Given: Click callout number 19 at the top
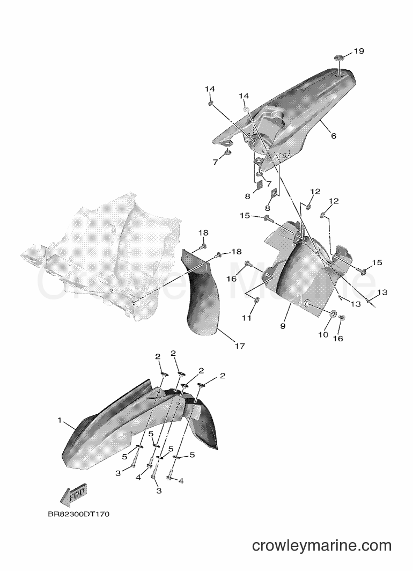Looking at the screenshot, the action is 359,51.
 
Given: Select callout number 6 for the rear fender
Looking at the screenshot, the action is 334,136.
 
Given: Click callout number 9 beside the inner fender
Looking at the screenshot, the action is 283,326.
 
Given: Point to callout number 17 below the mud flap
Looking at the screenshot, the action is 240,346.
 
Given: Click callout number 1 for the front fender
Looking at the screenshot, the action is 60,420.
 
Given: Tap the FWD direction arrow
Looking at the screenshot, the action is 72,495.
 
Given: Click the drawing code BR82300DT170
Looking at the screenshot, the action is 79,515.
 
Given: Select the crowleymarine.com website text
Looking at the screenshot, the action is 322,545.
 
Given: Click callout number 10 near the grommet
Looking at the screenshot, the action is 323,334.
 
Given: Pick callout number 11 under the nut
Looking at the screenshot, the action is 247,318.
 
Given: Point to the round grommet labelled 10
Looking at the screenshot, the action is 332,313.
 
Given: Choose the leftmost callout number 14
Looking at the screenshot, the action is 210,89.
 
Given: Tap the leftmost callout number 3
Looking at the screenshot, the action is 118,473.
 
